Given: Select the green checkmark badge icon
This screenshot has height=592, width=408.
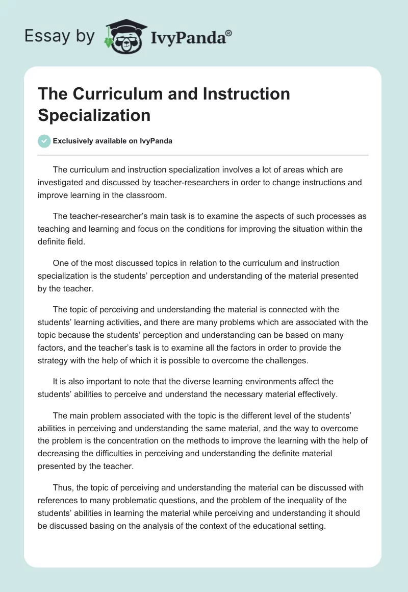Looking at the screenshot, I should [x=44, y=141].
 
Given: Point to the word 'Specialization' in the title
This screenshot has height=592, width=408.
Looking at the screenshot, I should [x=94, y=115].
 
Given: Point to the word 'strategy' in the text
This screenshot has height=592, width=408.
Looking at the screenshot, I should [x=54, y=361].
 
